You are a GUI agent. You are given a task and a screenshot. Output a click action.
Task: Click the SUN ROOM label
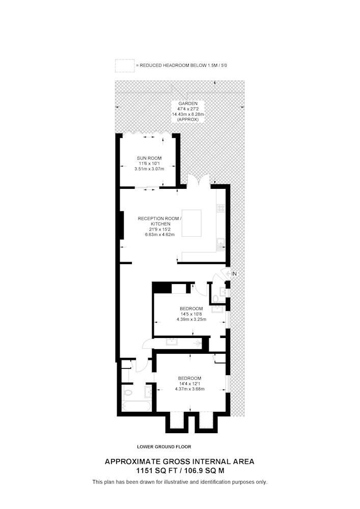coord(149,158)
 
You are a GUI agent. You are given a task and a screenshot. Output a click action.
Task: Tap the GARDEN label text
coord(187,103)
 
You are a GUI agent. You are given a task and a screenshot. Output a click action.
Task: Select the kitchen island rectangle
coord(191,223)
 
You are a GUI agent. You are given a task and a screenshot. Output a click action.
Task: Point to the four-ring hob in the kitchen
coord(221,208)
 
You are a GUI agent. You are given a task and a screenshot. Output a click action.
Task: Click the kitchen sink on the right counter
coord(221,241)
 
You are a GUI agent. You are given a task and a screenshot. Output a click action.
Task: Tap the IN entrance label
coord(234,274)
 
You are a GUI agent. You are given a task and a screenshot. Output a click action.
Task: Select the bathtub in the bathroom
coord(136,406)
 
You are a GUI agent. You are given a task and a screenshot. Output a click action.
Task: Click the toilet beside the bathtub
coord(128,393)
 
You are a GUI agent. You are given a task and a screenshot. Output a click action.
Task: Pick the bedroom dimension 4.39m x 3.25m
coord(191,320)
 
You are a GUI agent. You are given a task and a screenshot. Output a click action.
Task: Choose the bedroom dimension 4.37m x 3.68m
coord(189,389)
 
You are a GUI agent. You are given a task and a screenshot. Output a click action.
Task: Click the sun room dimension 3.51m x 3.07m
coord(149,169)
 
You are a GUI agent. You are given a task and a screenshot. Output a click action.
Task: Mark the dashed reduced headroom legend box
coord(125,66)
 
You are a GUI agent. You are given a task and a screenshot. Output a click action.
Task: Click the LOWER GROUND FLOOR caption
coord(164,447)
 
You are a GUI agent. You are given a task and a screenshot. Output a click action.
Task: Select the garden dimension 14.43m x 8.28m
coord(187,114)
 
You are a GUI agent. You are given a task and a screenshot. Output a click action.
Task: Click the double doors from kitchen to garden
coord(199,181)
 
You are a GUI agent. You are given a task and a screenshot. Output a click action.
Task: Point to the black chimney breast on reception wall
coord(122,225)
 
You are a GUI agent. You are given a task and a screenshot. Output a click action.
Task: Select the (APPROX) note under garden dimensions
coord(187,120)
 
